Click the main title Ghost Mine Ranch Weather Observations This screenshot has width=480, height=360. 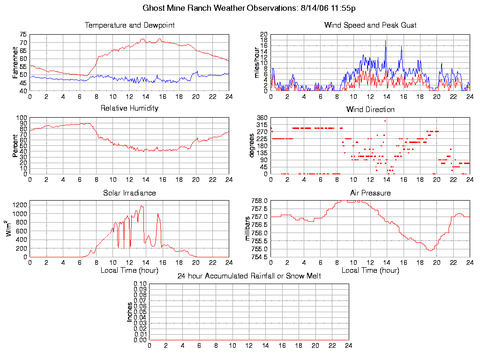[x=248, y=8]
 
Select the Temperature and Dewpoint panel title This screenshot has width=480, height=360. [x=129, y=25]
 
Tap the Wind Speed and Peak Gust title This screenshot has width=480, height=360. [x=370, y=25]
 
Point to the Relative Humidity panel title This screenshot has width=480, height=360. [x=129, y=108]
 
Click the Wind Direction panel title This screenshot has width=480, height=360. [x=370, y=110]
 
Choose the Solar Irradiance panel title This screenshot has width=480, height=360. [x=129, y=193]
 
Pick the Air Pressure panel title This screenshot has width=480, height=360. [x=370, y=193]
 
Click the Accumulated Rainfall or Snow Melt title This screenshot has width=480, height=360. [x=249, y=276]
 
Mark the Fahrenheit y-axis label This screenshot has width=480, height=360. [x=15, y=62]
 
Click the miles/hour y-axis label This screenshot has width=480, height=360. [x=256, y=62]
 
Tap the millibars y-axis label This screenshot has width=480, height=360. [x=248, y=229]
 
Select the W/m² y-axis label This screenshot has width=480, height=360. [x=9, y=229]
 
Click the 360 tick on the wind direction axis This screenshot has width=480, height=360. [x=262, y=118]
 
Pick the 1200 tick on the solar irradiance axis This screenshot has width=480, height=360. [x=20, y=204]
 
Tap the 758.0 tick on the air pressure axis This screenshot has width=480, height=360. [x=260, y=201]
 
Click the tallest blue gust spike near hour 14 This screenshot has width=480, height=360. [x=386, y=41]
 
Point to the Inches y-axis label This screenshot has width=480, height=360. [x=130, y=312]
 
